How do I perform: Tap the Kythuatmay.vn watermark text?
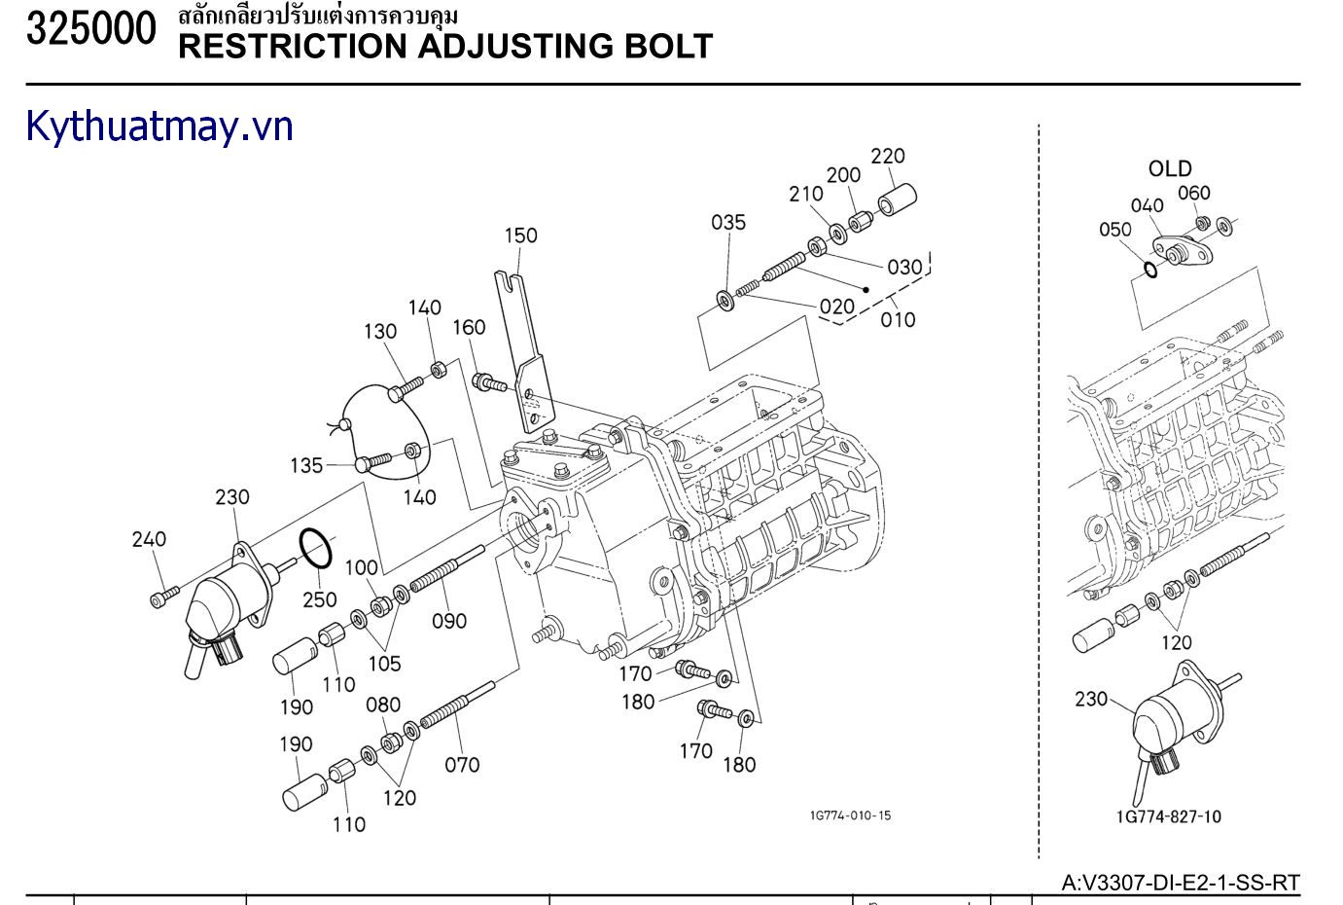(159, 127)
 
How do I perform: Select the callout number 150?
(520, 235)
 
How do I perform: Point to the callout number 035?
(728, 222)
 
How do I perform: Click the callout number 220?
(888, 156)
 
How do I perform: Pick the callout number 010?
(898, 319)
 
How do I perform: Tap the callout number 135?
(306, 466)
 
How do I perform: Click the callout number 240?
(148, 539)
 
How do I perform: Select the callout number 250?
(319, 599)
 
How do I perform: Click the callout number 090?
(449, 621)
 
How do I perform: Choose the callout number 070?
(462, 765)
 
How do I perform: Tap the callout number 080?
(383, 705)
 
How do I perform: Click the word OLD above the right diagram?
(1170, 169)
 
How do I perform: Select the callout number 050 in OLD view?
(1115, 230)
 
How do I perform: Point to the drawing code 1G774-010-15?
(849, 815)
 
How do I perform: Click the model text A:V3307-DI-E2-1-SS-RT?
(1181, 884)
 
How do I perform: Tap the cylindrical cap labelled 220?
(899, 199)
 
